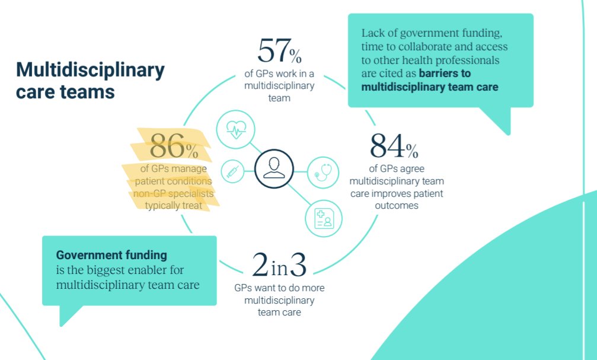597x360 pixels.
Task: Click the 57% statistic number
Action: (279, 51)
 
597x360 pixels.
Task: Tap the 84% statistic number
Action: (394, 146)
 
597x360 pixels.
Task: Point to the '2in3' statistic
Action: (279, 266)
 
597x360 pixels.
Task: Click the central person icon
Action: (274, 168)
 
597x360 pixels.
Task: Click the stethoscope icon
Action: (323, 171)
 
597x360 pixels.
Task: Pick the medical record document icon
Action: (323, 218)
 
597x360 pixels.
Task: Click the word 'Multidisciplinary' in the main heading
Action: (90, 71)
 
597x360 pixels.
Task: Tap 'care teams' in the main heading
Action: (65, 93)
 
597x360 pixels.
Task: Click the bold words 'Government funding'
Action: (111, 255)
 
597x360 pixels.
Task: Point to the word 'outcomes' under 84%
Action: (397, 206)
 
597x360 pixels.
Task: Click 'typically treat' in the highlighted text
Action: (173, 205)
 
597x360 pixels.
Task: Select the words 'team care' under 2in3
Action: (279, 313)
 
